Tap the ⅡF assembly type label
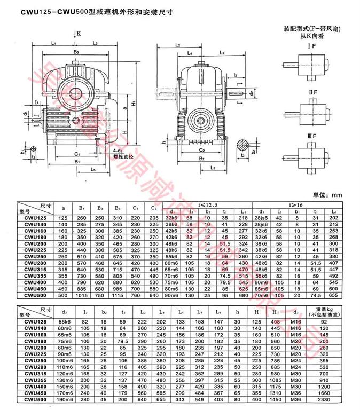click(x=309, y=94)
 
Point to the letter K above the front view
click(x=79, y=33)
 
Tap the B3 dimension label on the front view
click(x=76, y=52)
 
